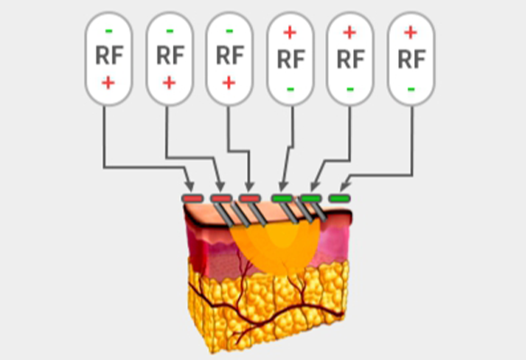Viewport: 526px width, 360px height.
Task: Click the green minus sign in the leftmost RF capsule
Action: tap(109, 31)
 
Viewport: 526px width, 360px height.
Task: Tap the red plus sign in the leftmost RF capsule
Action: tap(108, 83)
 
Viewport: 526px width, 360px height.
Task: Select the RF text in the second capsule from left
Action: tap(170, 55)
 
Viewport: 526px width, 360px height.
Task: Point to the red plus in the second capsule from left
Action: tap(169, 83)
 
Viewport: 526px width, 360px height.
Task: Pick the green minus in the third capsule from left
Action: tap(230, 31)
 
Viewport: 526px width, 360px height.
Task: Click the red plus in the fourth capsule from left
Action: tap(290, 32)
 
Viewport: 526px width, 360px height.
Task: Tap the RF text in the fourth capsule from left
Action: tap(291, 59)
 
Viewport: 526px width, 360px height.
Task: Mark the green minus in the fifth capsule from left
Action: tap(350, 89)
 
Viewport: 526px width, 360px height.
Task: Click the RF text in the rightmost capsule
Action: tap(412, 59)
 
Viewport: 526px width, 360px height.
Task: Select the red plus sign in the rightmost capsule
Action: tap(411, 32)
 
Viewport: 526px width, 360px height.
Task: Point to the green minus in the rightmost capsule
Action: tap(411, 89)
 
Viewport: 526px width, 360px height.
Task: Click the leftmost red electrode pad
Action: tap(193, 198)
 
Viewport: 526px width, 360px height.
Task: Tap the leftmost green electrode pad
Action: tap(282, 198)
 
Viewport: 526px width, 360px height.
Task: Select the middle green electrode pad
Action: tap(311, 198)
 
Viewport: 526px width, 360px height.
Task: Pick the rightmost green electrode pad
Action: tap(340, 198)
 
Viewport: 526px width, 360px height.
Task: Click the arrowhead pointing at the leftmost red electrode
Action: tap(190, 186)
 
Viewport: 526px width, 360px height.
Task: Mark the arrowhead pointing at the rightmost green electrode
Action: tap(346, 186)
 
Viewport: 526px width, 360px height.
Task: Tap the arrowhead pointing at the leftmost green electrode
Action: tap(284, 186)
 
